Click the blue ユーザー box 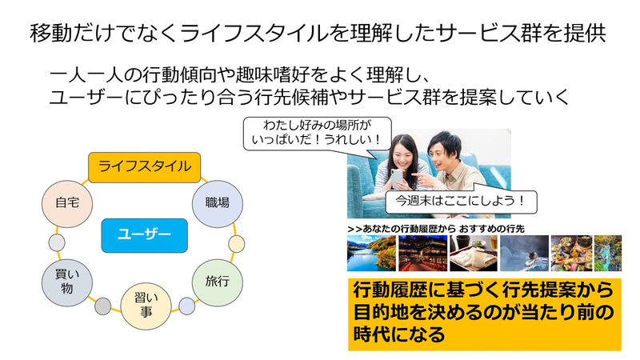145,235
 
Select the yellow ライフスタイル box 145,167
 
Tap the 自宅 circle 67,204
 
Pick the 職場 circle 218,204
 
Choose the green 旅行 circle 218,282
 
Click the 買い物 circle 67,282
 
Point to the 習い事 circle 146,306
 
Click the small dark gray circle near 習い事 103,306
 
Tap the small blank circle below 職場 237,244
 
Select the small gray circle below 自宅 57,243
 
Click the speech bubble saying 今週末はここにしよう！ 462,201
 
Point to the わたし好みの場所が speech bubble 317,134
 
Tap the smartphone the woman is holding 397,178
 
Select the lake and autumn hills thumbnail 371,253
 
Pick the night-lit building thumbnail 423,253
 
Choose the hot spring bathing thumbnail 525,253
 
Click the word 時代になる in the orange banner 398,334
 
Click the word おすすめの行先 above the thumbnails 491,229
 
